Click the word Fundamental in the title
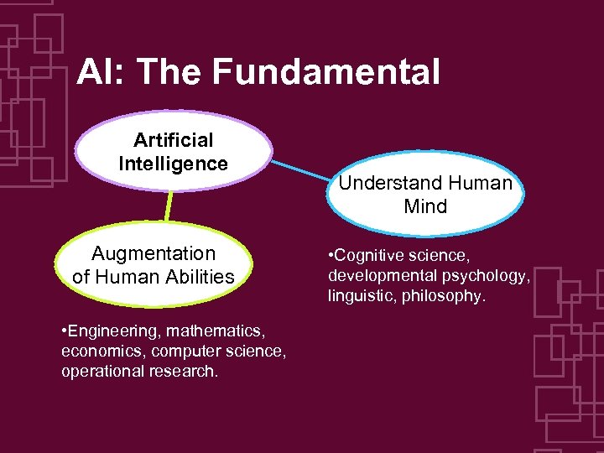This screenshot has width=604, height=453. pos(325,73)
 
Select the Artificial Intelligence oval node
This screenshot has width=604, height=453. pos(173,152)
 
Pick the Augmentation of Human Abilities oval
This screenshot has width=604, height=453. pos(154,265)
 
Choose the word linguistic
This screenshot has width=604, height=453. pos(358,295)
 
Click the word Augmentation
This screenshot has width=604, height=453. pos(154,253)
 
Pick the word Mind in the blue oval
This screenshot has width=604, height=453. pos(425,206)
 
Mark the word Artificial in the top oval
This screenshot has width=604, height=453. pos(173,140)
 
